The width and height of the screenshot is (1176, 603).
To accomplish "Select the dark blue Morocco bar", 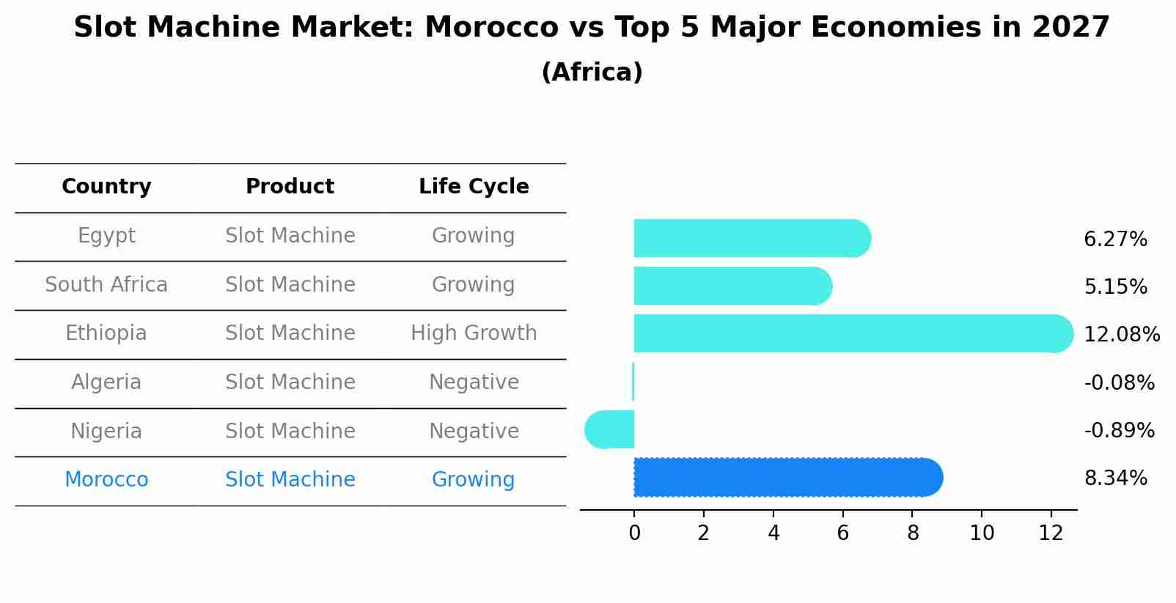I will (x=784, y=478).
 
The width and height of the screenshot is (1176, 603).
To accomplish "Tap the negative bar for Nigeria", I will (x=610, y=429).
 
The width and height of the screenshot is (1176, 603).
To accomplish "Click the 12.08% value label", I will (x=1121, y=335).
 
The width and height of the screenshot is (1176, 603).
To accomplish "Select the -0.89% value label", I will (x=1119, y=431).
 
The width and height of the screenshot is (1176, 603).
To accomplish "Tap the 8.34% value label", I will (x=1115, y=478).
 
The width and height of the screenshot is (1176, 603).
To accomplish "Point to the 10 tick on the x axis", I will (x=982, y=533).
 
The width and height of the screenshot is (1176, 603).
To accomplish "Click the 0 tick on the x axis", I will (x=634, y=533).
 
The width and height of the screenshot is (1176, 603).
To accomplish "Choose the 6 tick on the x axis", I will (x=843, y=533).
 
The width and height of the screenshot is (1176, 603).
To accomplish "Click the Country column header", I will (x=106, y=187).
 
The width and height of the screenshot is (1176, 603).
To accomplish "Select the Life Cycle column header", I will (x=474, y=187).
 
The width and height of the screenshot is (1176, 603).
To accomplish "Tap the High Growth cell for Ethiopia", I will (x=474, y=333).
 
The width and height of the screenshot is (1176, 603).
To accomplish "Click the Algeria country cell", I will (x=106, y=382).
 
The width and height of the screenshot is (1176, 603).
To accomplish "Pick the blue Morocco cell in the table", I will (x=106, y=480).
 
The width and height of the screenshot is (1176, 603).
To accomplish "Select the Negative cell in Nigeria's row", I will (x=474, y=431).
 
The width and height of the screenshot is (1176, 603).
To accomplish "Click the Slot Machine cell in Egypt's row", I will (x=290, y=236).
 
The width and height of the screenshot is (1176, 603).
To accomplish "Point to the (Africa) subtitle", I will (x=592, y=73).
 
